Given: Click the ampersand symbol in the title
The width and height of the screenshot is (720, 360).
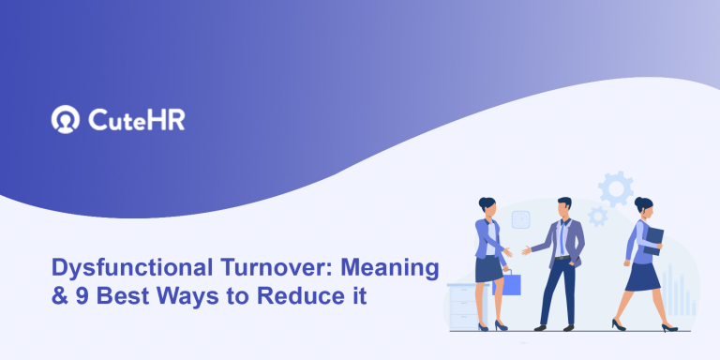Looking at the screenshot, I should coord(57,296).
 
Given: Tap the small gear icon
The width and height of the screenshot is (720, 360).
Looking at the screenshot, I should coord(597,217).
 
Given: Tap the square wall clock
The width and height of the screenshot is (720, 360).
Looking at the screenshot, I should coord(520,220).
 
